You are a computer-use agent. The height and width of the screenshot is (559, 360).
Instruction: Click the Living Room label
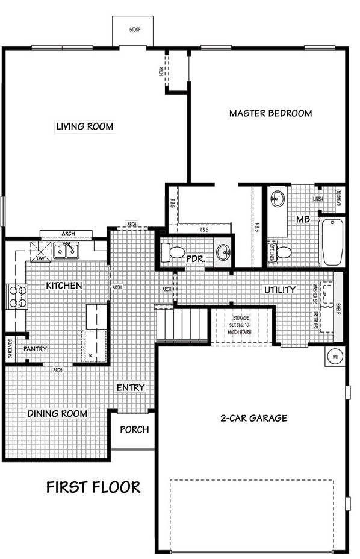tap(85, 126)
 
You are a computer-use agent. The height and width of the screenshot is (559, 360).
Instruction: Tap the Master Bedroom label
tap(270, 113)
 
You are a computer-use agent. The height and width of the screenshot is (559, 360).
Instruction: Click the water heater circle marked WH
tap(334, 357)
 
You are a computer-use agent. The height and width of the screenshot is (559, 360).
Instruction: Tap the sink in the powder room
tap(222, 252)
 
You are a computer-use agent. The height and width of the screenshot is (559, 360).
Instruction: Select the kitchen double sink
tap(66, 250)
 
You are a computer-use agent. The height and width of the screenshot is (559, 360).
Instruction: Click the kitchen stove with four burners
tap(17, 296)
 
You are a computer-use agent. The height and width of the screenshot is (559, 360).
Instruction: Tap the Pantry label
tap(35, 349)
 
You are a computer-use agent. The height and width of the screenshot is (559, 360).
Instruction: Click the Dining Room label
tap(57, 414)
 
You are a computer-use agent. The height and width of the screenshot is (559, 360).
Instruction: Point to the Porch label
tap(134, 429)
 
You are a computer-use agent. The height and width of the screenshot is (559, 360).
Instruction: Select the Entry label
tap(131, 387)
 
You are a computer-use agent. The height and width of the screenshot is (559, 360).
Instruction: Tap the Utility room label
tap(280, 290)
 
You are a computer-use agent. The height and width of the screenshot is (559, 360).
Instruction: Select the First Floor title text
tap(93, 487)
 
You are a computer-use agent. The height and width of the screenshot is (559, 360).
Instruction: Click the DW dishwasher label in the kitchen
tap(42, 258)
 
